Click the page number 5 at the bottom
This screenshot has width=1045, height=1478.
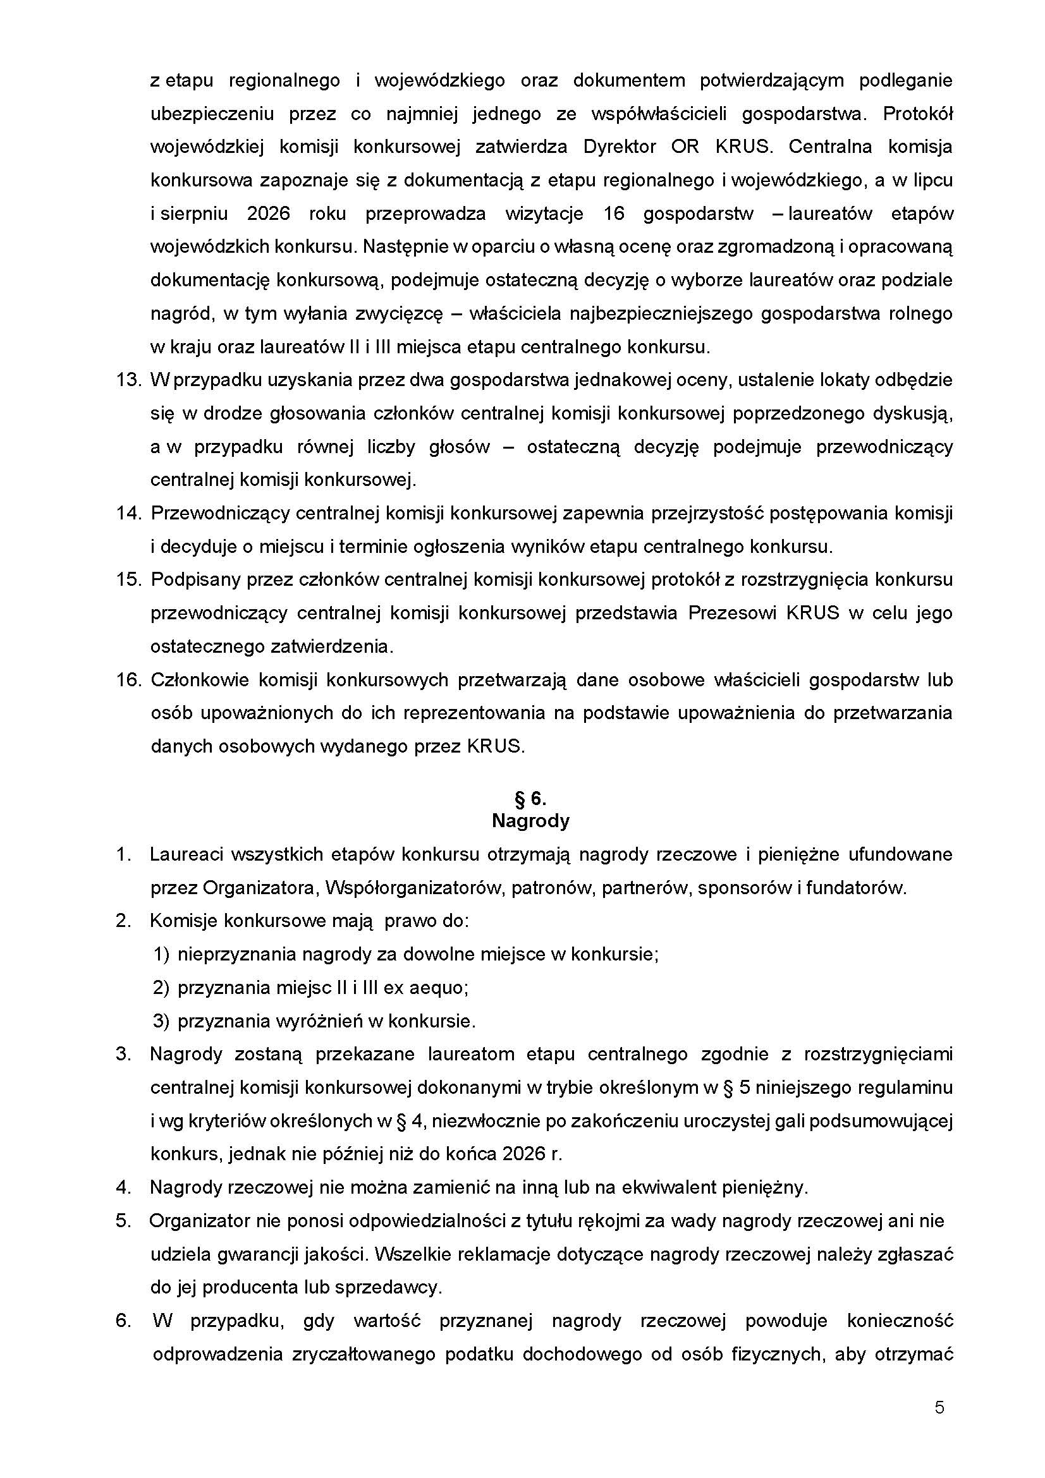coord(939,1407)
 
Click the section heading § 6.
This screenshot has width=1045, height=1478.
coord(530,799)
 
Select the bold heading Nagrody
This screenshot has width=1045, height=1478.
coord(530,821)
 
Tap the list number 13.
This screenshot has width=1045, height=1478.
coord(129,380)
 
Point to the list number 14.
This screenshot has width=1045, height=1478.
coord(129,513)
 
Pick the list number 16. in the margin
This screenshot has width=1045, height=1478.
coord(129,680)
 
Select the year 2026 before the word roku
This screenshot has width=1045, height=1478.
coord(269,214)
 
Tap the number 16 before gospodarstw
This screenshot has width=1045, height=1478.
coord(614,214)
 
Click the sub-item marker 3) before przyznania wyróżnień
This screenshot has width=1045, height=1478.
coord(161,1021)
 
